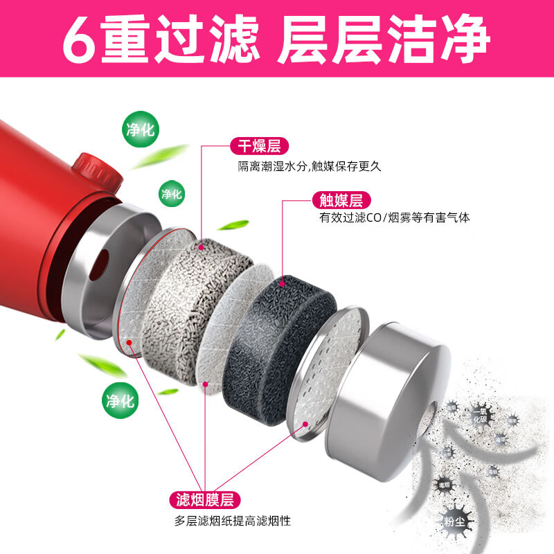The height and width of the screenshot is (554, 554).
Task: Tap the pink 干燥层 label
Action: click(259, 146)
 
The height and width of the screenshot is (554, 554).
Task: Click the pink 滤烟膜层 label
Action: click(204, 499)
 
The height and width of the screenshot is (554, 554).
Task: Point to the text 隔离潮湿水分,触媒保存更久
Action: click(310, 166)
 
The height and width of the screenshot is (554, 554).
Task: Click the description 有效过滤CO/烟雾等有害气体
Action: click(395, 218)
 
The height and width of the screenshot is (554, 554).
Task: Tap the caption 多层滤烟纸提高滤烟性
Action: click(233, 521)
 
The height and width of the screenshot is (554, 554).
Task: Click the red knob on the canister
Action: click(90, 168)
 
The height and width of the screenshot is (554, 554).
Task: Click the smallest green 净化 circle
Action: click(170, 194)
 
